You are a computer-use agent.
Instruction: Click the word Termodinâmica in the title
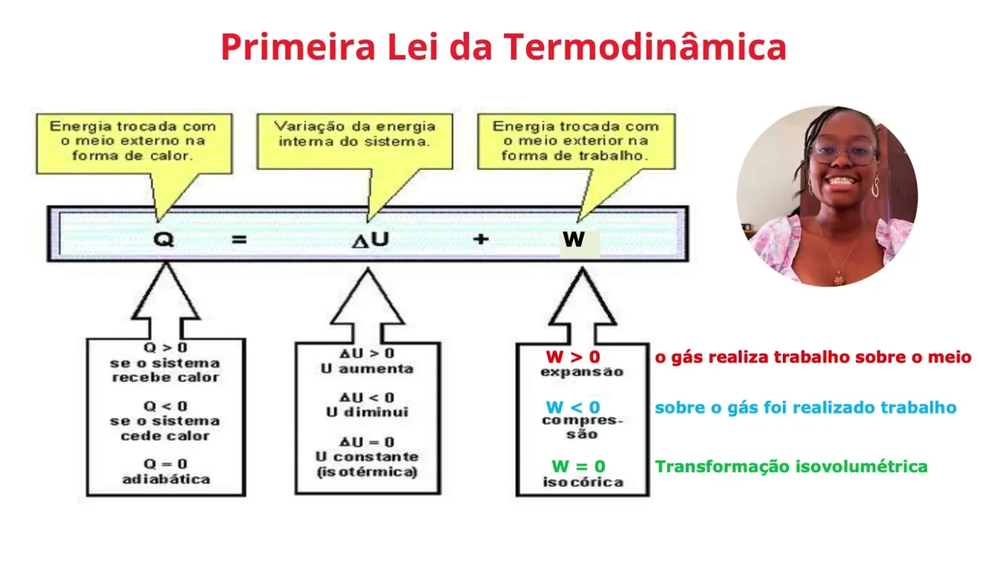click(x=645, y=47)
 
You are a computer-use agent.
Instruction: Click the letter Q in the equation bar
click(x=163, y=239)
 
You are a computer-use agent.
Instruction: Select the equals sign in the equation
click(x=239, y=239)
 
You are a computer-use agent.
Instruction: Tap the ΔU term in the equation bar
click(x=369, y=239)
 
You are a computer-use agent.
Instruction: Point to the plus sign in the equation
click(x=481, y=239)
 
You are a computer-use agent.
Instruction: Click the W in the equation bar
click(x=573, y=239)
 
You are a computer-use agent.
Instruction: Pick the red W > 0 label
click(x=573, y=357)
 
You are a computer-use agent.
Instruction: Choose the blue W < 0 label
click(x=573, y=407)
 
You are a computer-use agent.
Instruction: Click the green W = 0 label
click(x=578, y=466)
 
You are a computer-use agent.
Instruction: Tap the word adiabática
click(x=165, y=478)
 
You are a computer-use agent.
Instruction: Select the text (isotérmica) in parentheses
click(x=366, y=472)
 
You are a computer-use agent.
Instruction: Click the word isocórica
click(x=583, y=481)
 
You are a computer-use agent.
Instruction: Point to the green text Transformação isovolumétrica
click(x=791, y=466)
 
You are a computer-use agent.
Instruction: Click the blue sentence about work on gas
click(x=805, y=407)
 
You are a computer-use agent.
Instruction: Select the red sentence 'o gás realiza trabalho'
click(x=813, y=357)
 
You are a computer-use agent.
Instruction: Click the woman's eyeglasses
click(x=843, y=152)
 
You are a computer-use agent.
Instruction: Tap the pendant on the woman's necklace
click(x=839, y=279)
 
